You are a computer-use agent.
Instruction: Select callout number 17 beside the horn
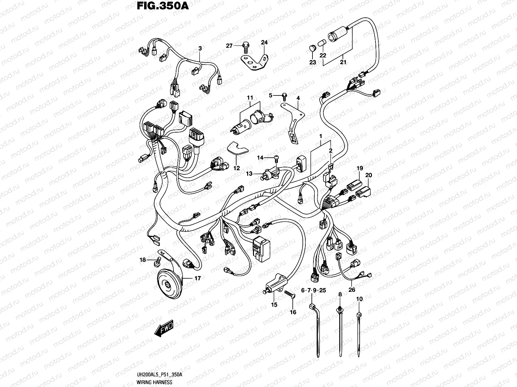(x=197, y=278)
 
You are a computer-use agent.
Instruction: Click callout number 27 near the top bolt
(x=229, y=46)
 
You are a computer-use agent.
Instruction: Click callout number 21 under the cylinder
(x=343, y=62)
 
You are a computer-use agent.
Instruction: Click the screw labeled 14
(x=277, y=158)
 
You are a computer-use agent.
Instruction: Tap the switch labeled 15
(x=275, y=284)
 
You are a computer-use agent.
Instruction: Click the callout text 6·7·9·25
(x=313, y=291)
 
